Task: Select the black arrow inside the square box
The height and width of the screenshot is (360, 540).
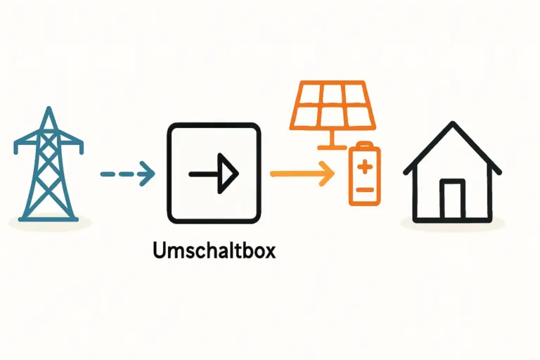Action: click(214, 172)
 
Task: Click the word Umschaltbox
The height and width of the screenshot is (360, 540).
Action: click(214, 250)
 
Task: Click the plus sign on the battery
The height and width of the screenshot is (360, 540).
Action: click(364, 167)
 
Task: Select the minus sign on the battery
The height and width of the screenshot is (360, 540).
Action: click(364, 190)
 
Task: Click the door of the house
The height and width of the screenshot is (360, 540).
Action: click(451, 200)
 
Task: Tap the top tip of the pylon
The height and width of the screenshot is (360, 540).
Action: click(48, 109)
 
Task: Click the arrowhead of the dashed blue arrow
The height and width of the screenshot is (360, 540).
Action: click(148, 172)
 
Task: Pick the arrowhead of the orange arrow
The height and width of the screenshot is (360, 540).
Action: click(326, 172)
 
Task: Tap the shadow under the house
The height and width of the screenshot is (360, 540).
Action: click(453, 224)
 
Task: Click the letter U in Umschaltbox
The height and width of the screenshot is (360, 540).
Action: click(158, 250)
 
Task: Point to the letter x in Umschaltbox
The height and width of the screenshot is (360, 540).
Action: click(270, 250)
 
